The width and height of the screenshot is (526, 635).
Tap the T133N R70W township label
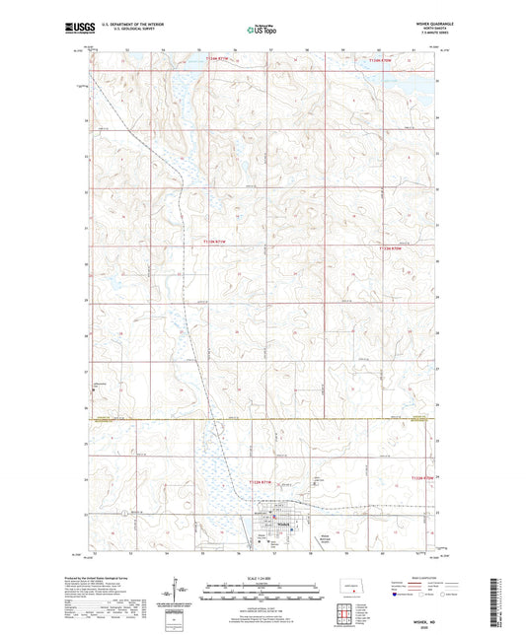tap(392, 249)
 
